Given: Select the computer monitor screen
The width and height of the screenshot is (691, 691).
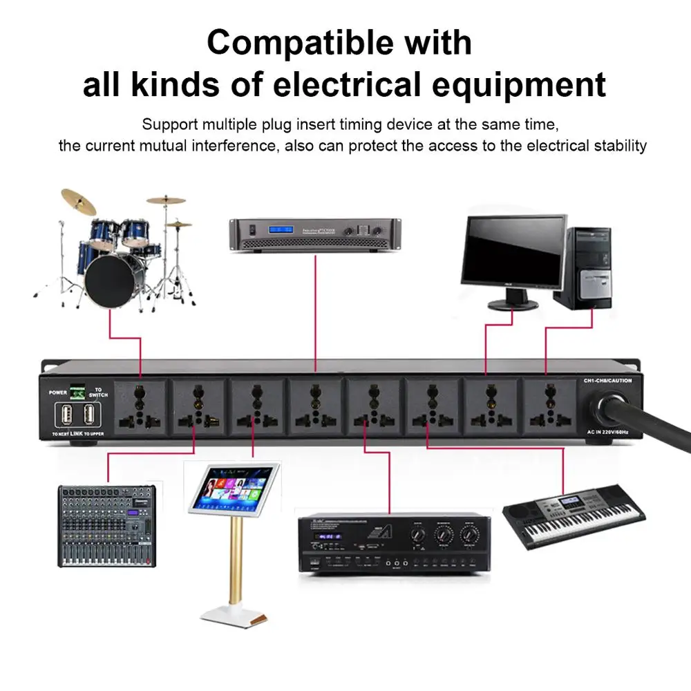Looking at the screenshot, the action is point(515,251).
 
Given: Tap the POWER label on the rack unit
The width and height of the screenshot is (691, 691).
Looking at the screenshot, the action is point(58,392).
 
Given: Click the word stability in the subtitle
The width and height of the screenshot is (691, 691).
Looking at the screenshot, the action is point(621,146).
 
